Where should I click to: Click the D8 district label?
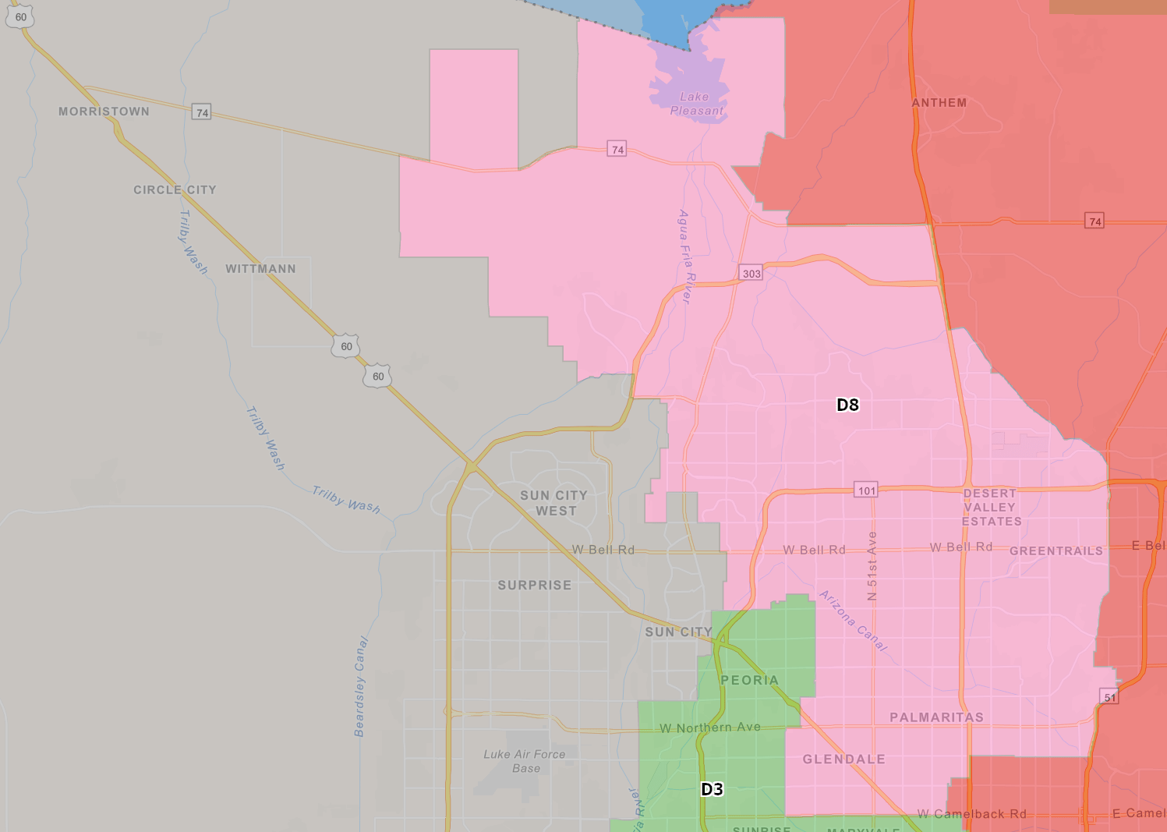pyautogui.click(x=847, y=405)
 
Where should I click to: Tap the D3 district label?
pyautogui.click(x=712, y=789)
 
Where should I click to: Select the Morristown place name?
pyautogui.click(x=104, y=112)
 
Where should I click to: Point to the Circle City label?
pyautogui.click(x=175, y=189)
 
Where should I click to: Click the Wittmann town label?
pyautogui.click(x=260, y=269)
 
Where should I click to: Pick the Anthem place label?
pyautogui.click(x=939, y=103)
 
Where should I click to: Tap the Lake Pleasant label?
pyautogui.click(x=695, y=104)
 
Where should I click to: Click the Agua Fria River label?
pyautogui.click(x=685, y=256)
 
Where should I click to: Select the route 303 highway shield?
pyautogui.click(x=751, y=273)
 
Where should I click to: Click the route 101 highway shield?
pyautogui.click(x=867, y=490)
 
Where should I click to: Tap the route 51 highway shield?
pyautogui.click(x=1109, y=697)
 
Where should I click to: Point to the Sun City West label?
pyautogui.click(x=554, y=503)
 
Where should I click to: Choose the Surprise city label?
pyautogui.click(x=534, y=585)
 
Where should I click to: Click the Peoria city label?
pyautogui.click(x=749, y=680)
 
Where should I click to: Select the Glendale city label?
pyautogui.click(x=843, y=759)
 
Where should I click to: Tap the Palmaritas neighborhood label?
pyautogui.click(x=936, y=717)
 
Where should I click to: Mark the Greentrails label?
pyautogui.click(x=1056, y=551)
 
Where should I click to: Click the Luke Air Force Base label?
pyautogui.click(x=524, y=761)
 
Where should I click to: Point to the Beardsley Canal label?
pyautogui.click(x=360, y=686)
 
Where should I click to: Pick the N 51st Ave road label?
pyautogui.click(x=872, y=565)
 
